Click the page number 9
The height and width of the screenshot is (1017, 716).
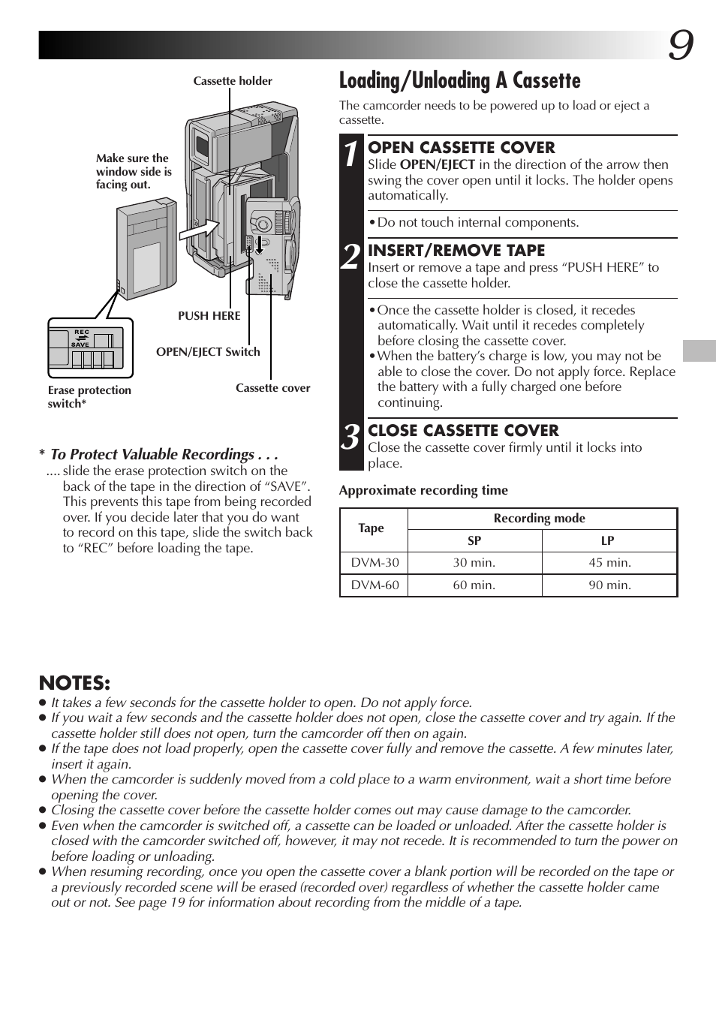point(680,47)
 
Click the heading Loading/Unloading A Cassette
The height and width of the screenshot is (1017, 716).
point(459,81)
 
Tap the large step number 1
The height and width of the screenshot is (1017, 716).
point(350,154)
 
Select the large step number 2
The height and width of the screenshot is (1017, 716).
point(350,257)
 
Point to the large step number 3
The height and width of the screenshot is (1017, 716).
point(350,437)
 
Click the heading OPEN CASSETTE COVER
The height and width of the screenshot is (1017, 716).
point(461,148)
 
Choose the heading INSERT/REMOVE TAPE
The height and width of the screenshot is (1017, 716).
point(456,251)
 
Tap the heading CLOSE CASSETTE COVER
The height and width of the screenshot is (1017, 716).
point(463,431)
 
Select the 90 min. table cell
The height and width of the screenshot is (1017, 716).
point(609,585)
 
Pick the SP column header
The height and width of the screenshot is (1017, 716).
point(474,540)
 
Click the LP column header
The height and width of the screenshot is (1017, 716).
point(608,540)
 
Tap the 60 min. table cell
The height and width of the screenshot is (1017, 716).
point(474,585)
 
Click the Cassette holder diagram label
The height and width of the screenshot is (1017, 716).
point(233,81)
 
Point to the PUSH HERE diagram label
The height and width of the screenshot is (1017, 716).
point(209,316)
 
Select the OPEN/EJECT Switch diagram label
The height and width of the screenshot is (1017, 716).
point(208,352)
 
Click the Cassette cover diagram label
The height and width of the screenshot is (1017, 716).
point(272,388)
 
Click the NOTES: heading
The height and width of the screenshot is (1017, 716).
point(74,683)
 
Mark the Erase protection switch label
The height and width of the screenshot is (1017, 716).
point(89,397)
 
